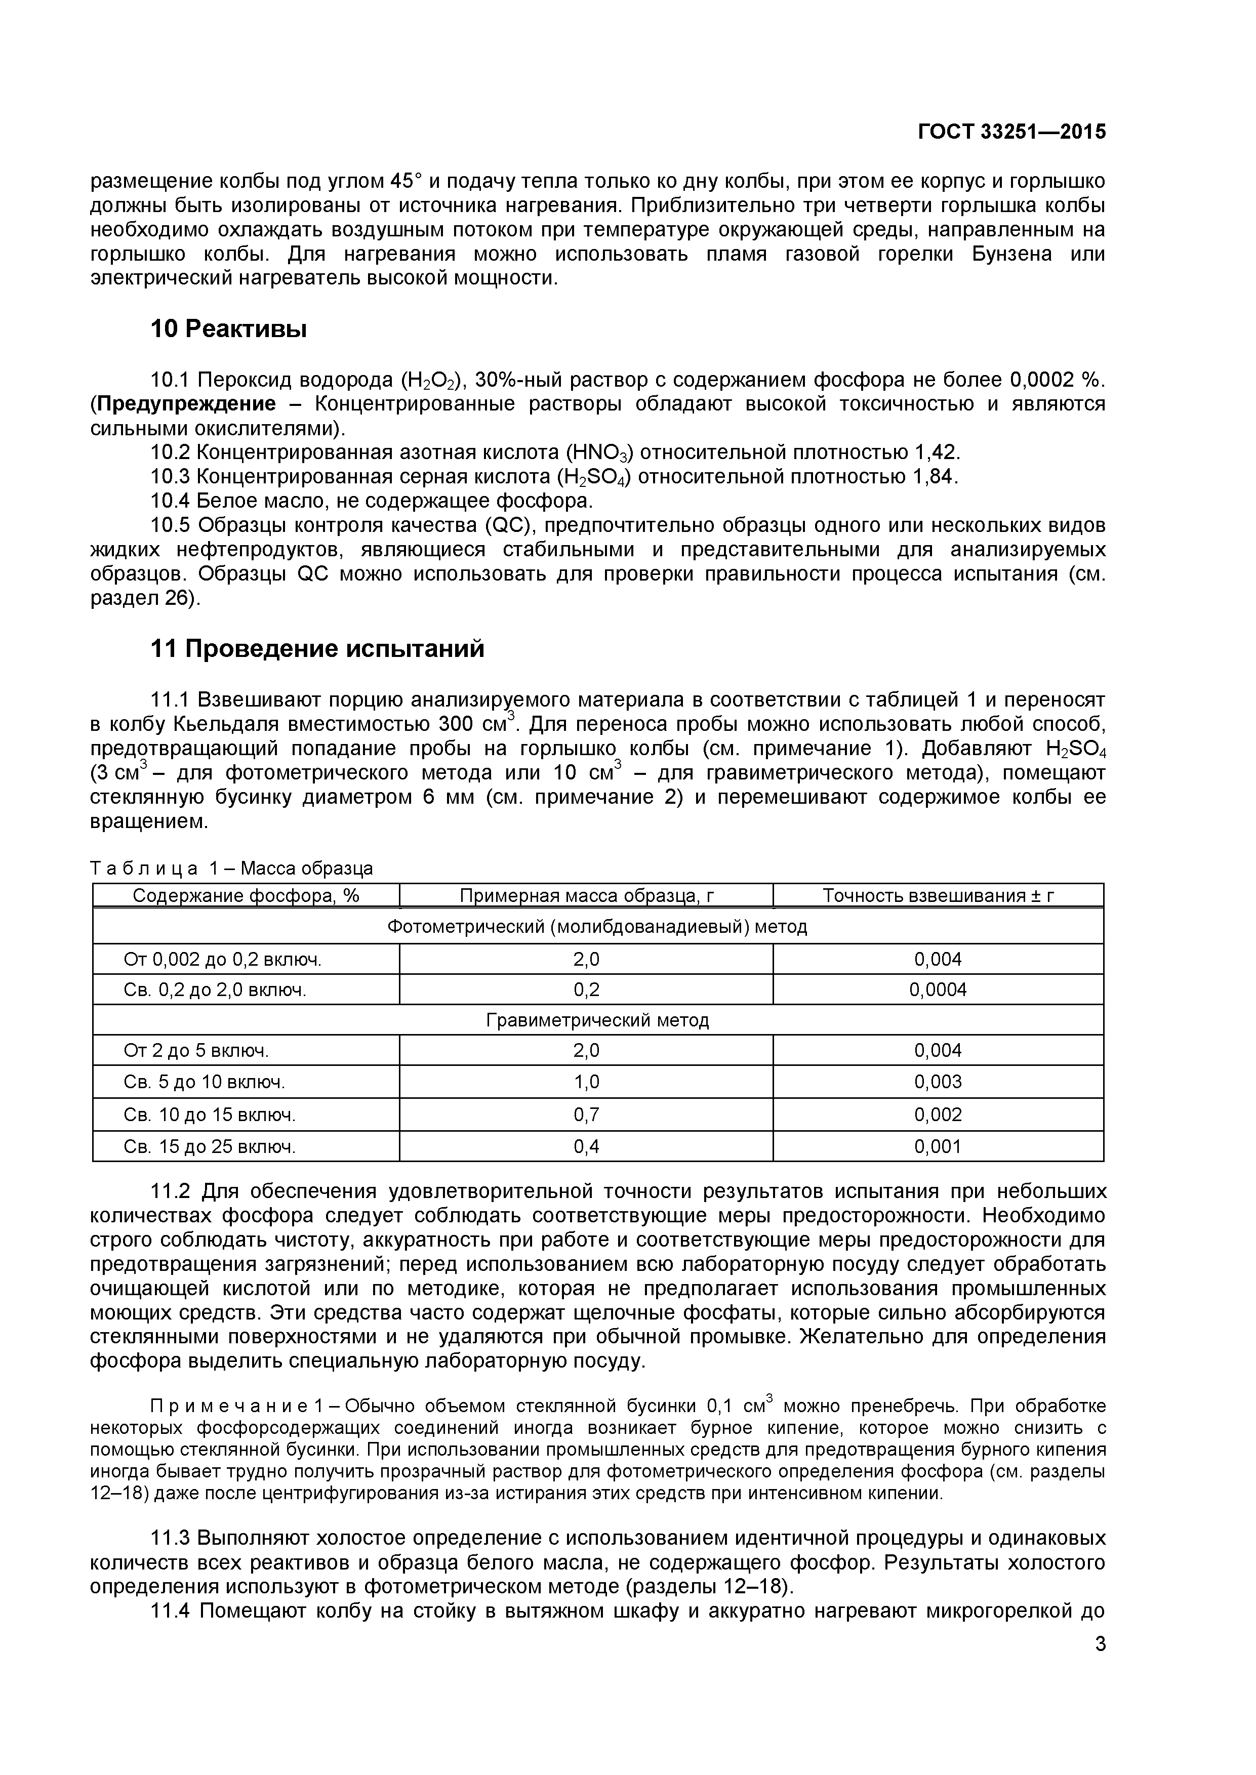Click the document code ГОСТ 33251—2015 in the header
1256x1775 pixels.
point(1011,132)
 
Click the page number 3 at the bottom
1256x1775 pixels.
point(1100,1665)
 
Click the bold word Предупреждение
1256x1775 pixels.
point(186,403)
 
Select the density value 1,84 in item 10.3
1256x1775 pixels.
point(934,477)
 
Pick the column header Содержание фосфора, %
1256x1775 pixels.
point(246,895)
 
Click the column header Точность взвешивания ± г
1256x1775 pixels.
point(938,895)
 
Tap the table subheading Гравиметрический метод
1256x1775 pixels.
point(597,1020)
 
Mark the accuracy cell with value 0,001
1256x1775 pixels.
point(938,1146)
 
